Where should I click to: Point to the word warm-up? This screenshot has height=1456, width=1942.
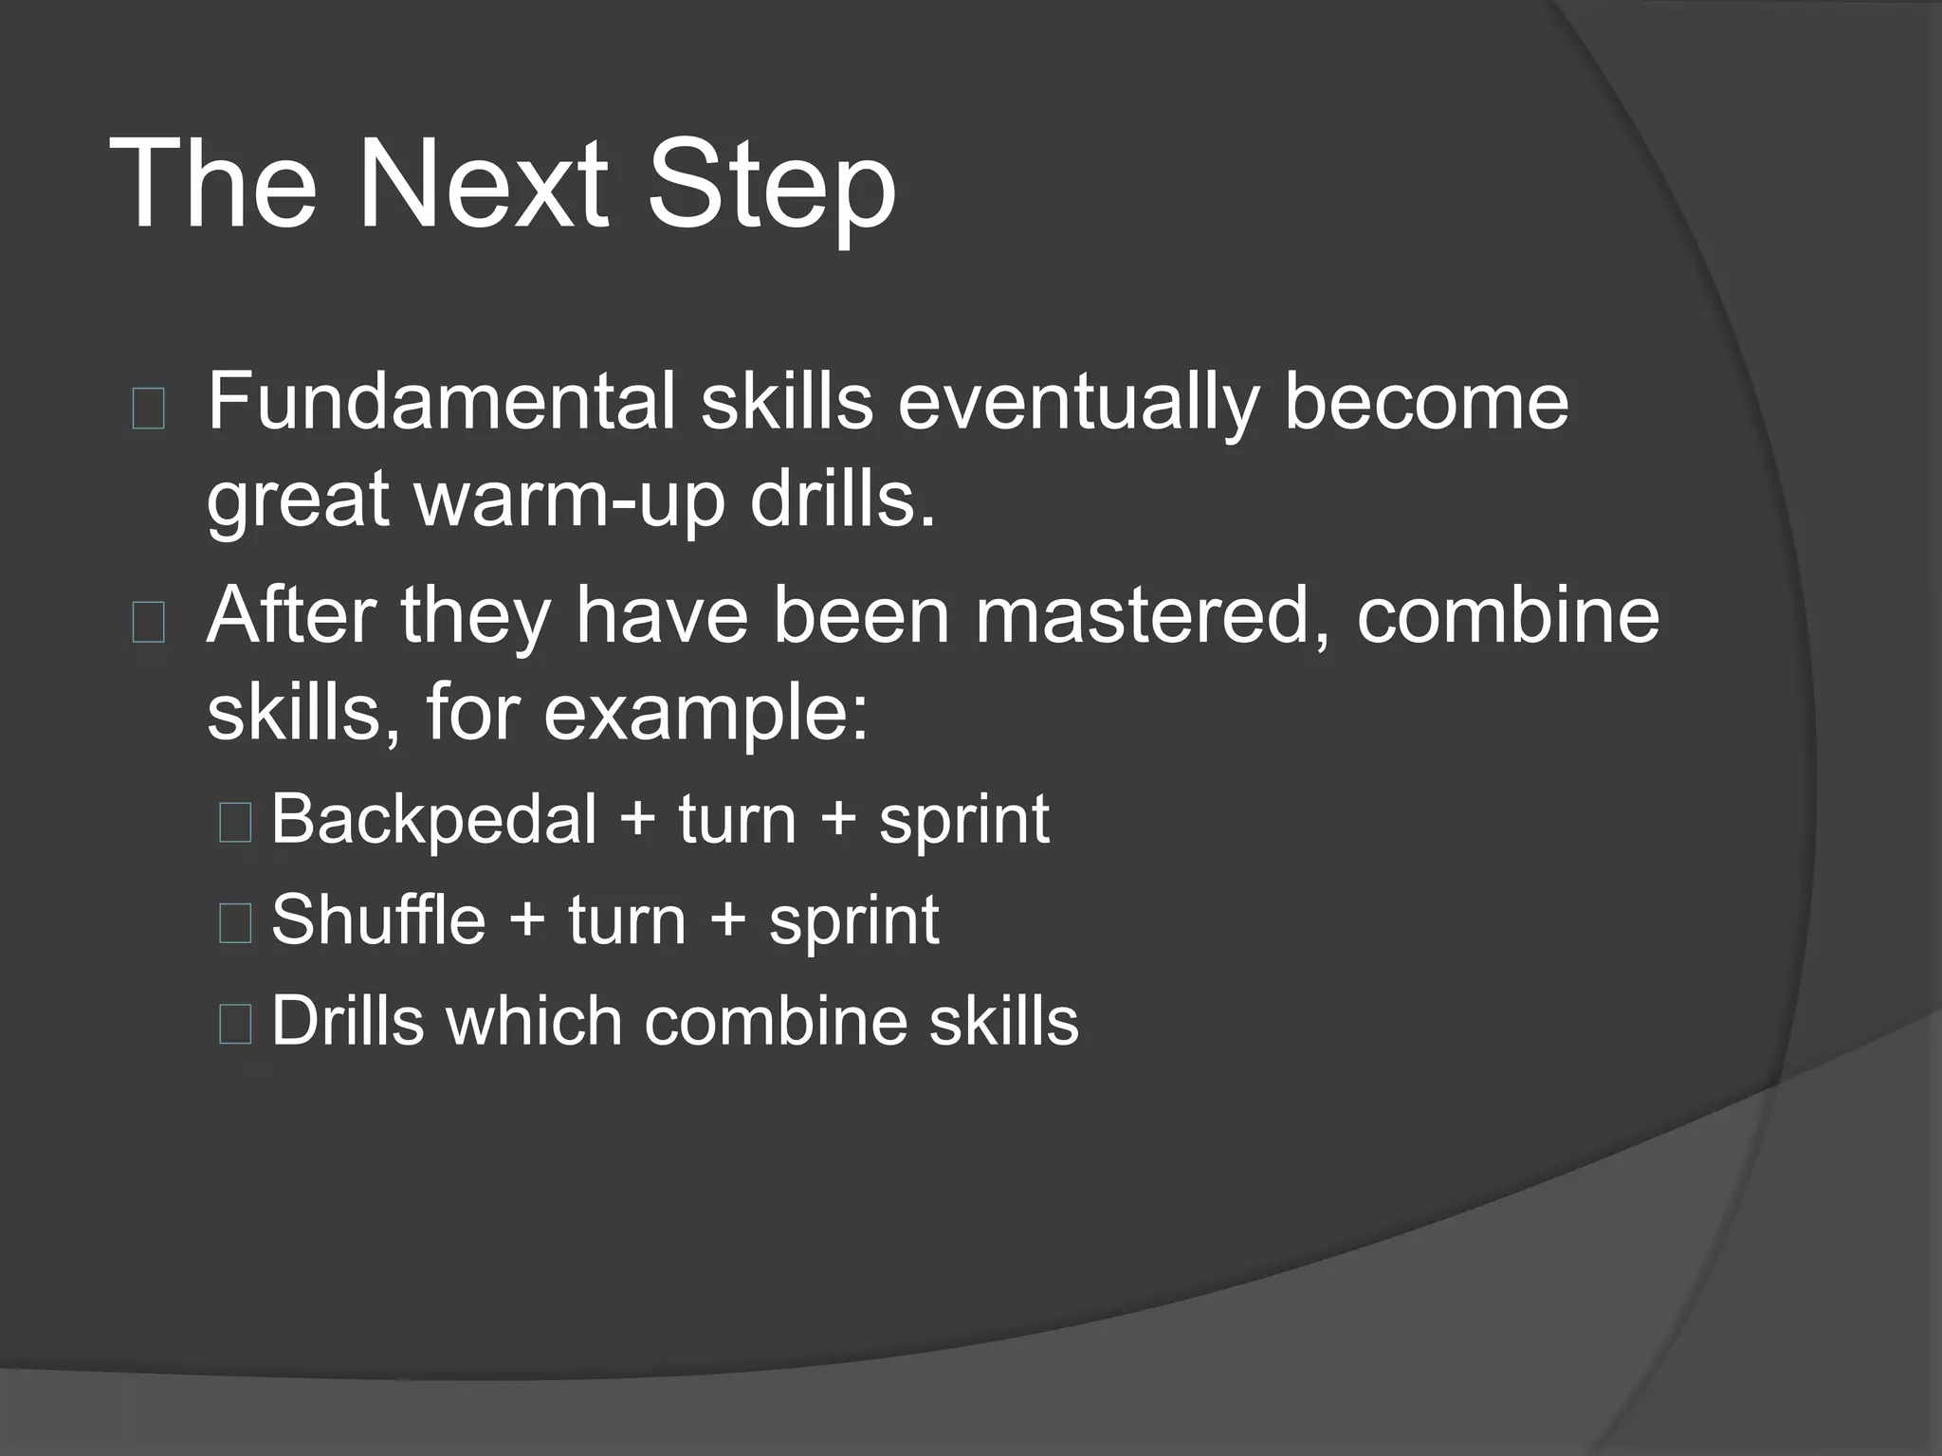pos(569,502)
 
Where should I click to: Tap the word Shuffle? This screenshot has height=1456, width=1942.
pos(378,919)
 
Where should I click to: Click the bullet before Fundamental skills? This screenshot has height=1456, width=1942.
pos(149,409)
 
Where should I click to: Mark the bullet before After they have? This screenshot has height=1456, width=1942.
pos(149,623)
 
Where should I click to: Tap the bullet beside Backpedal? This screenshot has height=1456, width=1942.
pos(235,822)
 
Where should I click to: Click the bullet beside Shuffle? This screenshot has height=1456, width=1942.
pos(235,923)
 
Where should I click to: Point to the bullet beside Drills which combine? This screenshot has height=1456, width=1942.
pos(235,1025)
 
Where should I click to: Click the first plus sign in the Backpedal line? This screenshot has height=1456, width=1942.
pos(637,820)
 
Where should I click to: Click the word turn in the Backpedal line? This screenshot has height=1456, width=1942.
pos(737,820)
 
